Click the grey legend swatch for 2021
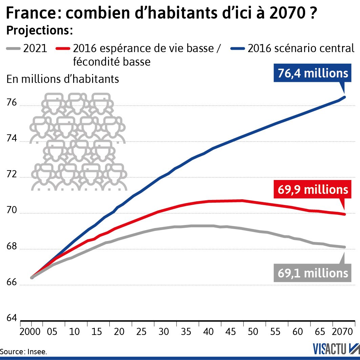(13, 49)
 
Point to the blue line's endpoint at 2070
(344, 97)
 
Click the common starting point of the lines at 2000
(32, 277)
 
